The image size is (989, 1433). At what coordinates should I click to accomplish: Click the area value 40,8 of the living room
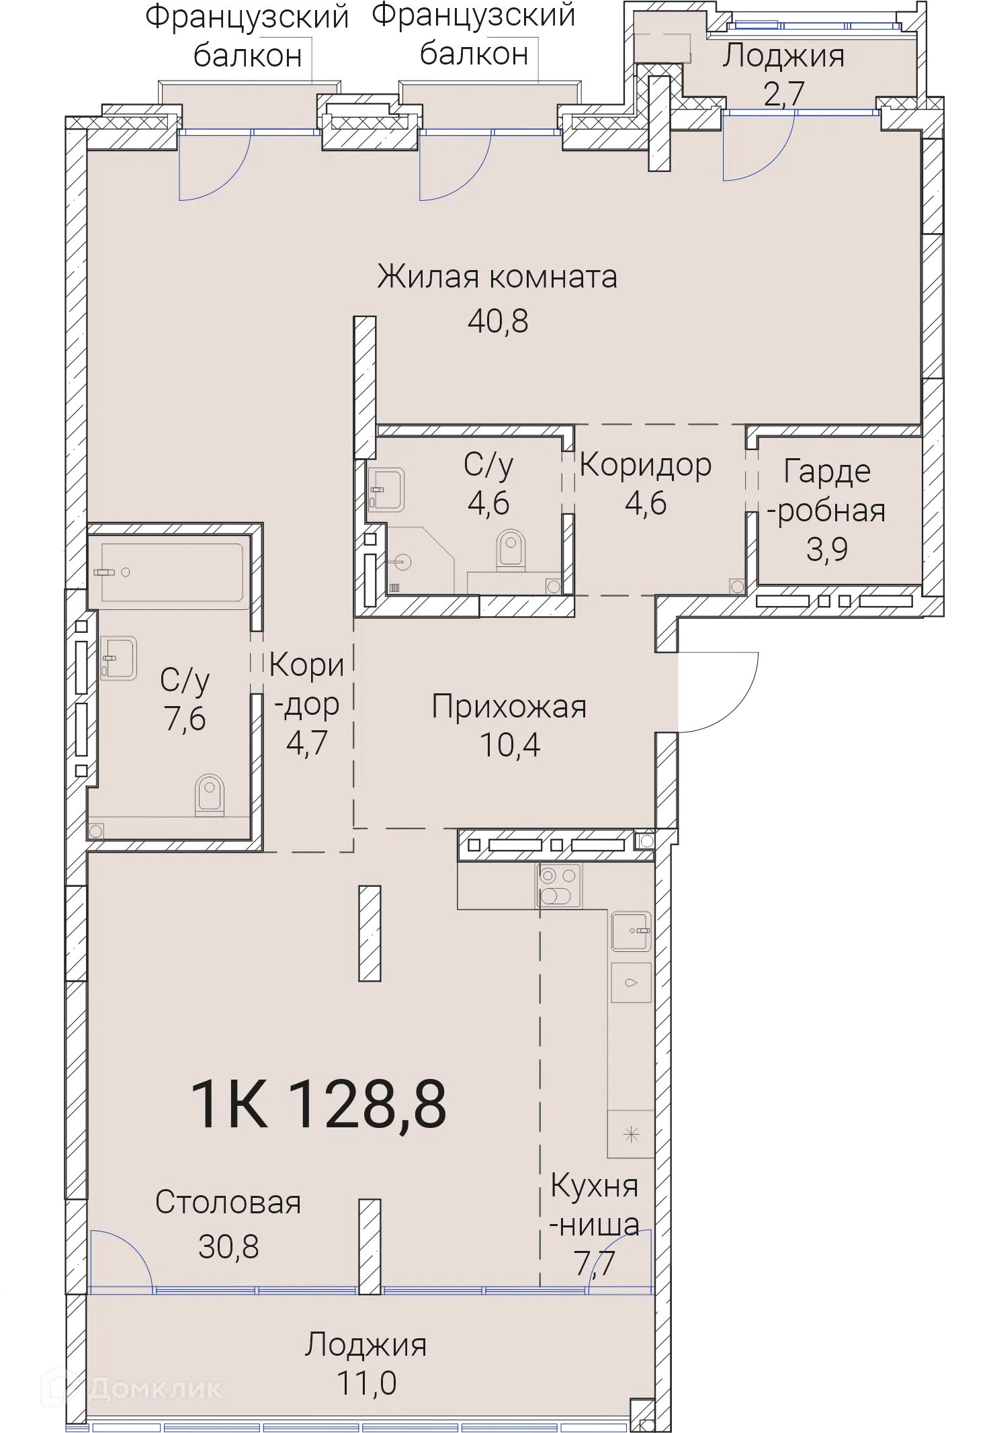pyautogui.click(x=498, y=322)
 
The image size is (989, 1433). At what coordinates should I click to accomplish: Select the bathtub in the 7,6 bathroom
pyautogui.click(x=171, y=572)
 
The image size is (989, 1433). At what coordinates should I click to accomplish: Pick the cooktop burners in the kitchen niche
pyautogui.click(x=559, y=885)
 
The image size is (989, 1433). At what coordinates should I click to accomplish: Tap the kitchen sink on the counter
pyautogui.click(x=631, y=930)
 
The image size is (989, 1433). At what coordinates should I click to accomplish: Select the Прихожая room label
pyautogui.click(x=509, y=707)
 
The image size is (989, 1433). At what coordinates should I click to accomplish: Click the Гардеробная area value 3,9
pyautogui.click(x=826, y=550)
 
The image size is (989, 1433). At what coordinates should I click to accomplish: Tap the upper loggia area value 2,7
pyautogui.click(x=783, y=93)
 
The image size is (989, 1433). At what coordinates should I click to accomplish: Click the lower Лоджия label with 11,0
pyautogui.click(x=365, y=1345)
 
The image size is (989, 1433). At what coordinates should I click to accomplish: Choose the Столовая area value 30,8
pyautogui.click(x=228, y=1247)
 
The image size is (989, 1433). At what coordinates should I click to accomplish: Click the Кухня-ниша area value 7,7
pyautogui.click(x=595, y=1263)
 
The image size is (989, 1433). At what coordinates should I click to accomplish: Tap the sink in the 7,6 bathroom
pyautogui.click(x=118, y=658)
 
